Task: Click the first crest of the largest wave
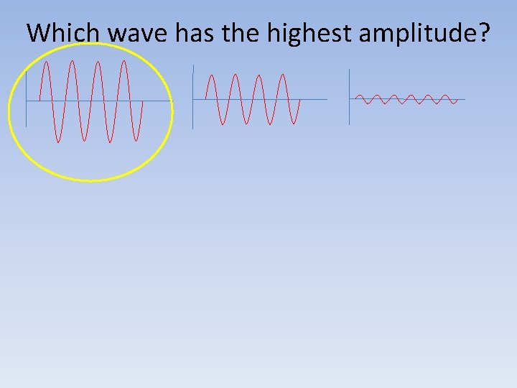[46, 62]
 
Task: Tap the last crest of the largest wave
[124, 62]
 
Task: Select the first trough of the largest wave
[58, 142]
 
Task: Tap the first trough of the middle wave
[223, 124]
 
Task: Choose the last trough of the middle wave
[294, 124]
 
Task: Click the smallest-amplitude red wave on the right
[406, 99]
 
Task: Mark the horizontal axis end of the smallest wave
[464, 99]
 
